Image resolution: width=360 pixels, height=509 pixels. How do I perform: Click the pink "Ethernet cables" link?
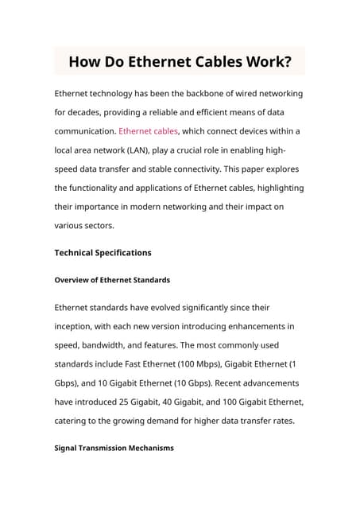(x=149, y=131)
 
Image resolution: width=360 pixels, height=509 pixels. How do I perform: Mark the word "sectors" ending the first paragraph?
(x=96, y=226)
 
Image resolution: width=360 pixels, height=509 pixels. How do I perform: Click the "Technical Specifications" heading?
(x=103, y=253)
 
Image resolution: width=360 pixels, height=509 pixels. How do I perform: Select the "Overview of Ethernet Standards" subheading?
(x=112, y=280)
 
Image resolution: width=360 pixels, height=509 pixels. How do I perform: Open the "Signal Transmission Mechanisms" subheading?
(x=114, y=449)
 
